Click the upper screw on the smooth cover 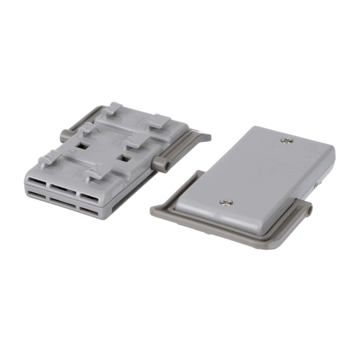[287, 140]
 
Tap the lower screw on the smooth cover [227, 200]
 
